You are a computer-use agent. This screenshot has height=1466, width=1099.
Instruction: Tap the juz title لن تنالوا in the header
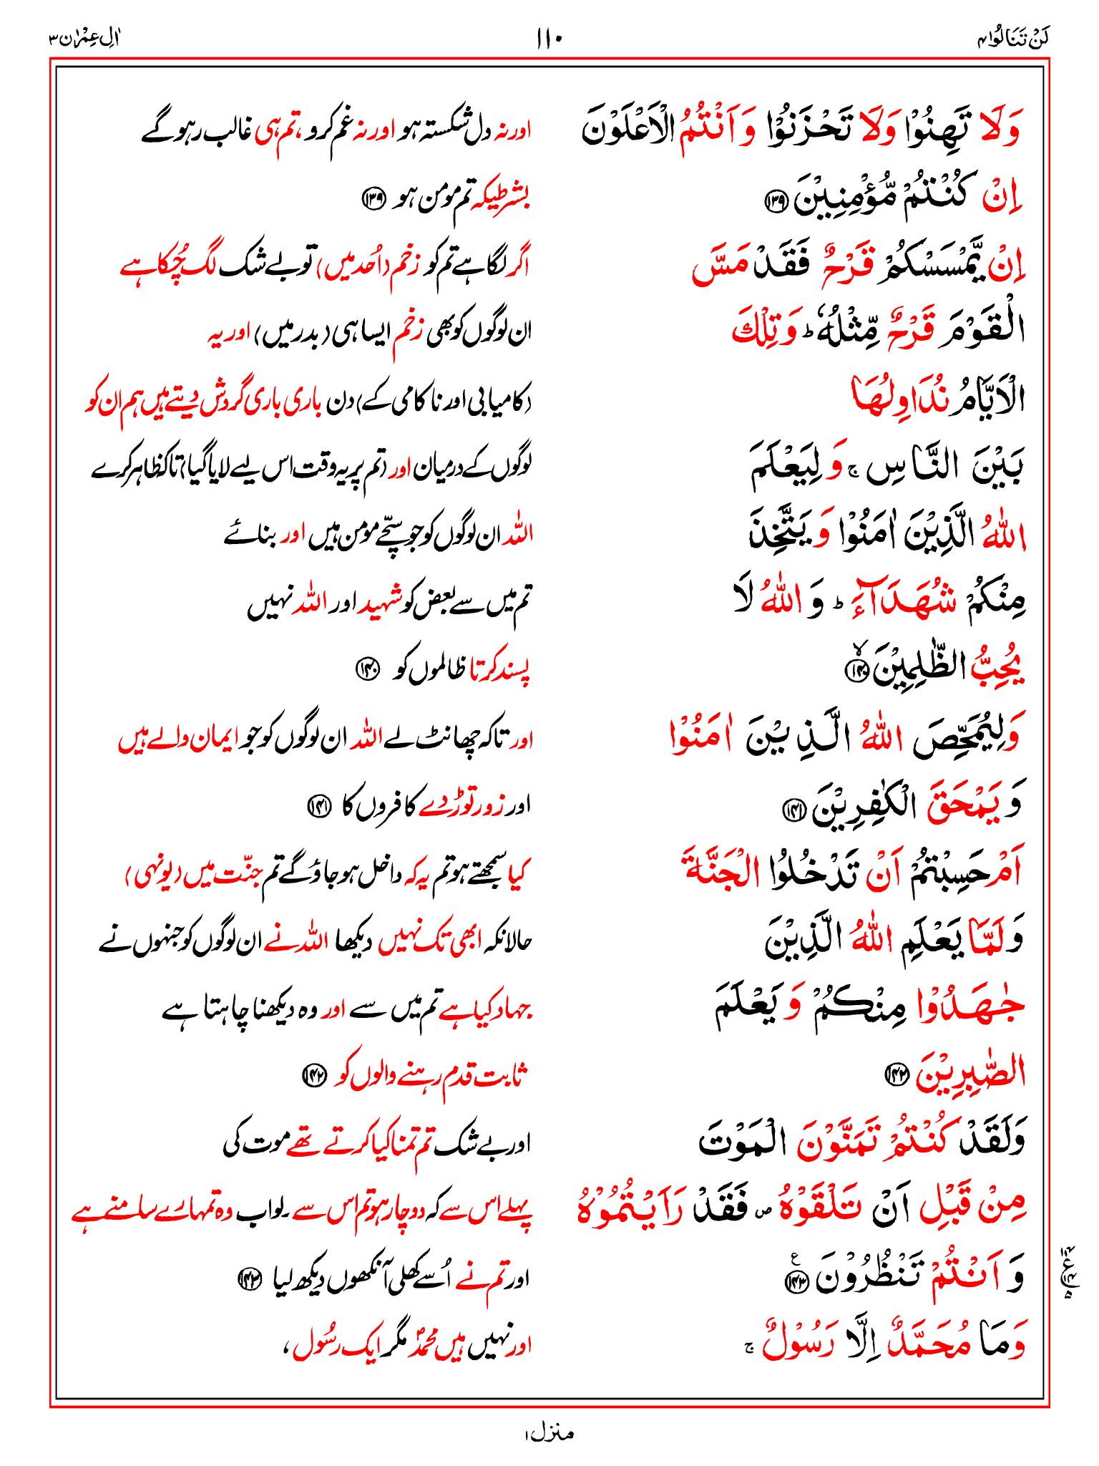click(1013, 38)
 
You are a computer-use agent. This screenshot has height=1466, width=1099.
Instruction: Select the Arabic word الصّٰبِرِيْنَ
click(970, 1072)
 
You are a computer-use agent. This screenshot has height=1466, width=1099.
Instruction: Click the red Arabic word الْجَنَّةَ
click(723, 870)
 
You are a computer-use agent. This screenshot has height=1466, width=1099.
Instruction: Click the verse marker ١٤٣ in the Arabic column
click(796, 1283)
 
